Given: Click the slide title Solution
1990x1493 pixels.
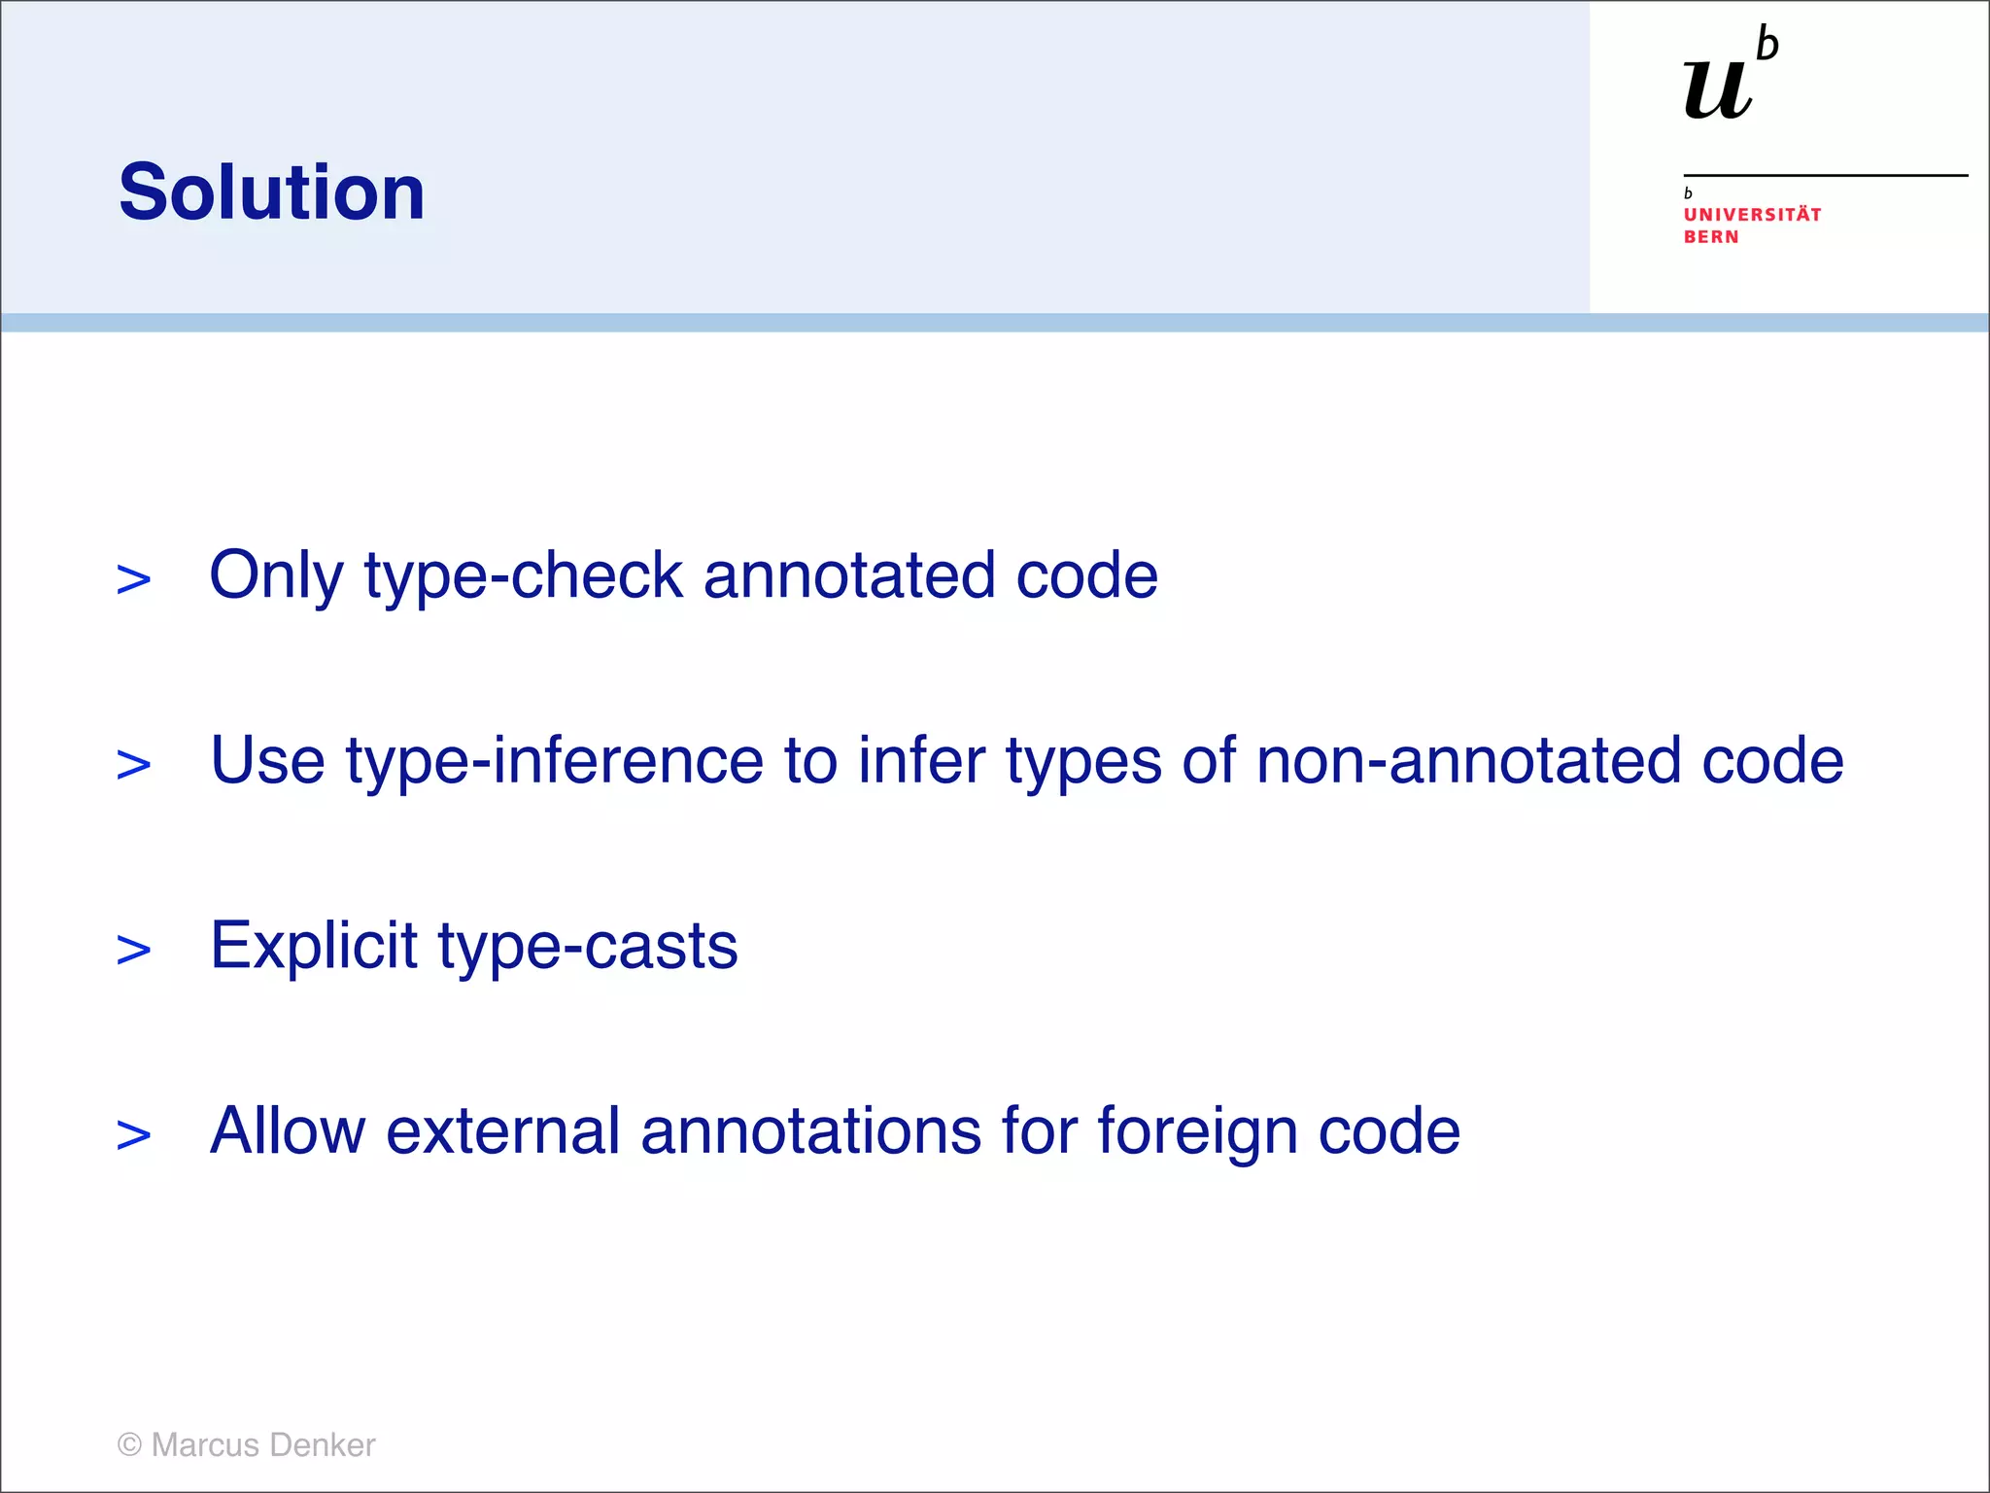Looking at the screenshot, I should [272, 191].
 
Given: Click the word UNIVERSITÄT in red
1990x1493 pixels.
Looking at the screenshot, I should [1752, 215].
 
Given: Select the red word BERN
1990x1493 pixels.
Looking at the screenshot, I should [1711, 237].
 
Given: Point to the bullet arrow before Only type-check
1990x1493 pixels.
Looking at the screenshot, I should [134, 579].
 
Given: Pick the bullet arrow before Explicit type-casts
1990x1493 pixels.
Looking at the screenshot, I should [134, 950].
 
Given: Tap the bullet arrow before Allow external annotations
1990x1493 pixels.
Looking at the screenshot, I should [134, 1134].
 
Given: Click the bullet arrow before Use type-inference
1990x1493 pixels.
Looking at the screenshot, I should [134, 764].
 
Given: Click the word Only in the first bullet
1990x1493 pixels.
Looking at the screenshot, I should [276, 575].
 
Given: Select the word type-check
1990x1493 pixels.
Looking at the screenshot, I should [524, 575].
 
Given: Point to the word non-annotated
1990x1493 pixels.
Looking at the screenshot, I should [1468, 760].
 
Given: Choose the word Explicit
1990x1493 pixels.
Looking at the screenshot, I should [314, 946].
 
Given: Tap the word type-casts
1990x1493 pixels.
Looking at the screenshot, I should [588, 946].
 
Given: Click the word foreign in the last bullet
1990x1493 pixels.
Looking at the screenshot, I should [1197, 1131].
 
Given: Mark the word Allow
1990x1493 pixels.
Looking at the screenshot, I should [288, 1131].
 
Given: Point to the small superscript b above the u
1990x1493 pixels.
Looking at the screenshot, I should [1767, 45].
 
